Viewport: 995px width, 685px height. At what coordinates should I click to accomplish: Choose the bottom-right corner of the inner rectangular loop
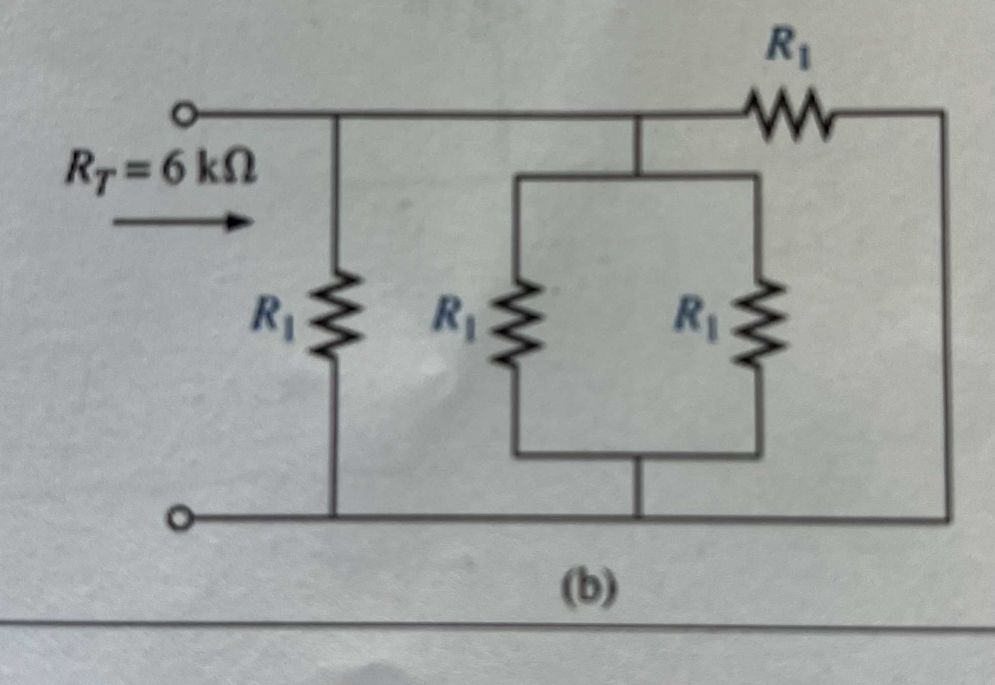pyautogui.click(x=759, y=454)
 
